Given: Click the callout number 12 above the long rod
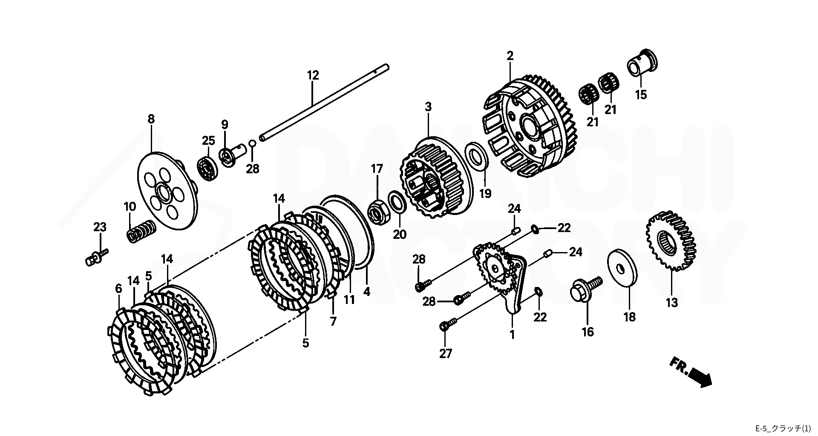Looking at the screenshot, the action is click(313, 76).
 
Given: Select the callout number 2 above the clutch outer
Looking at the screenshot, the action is click(510, 56).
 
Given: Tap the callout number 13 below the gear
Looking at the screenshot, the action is click(671, 303).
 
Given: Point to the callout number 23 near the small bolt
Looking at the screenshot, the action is click(100, 227).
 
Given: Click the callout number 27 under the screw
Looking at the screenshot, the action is click(445, 353).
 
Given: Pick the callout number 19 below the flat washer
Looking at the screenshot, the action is click(485, 194).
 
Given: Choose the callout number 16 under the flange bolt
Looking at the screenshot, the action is click(588, 332).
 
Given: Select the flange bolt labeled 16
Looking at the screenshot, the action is click(586, 290).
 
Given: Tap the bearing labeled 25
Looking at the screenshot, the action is click(209, 168).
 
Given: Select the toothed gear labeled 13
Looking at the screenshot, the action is click(671, 241).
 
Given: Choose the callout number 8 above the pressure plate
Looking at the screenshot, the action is click(151, 119).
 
